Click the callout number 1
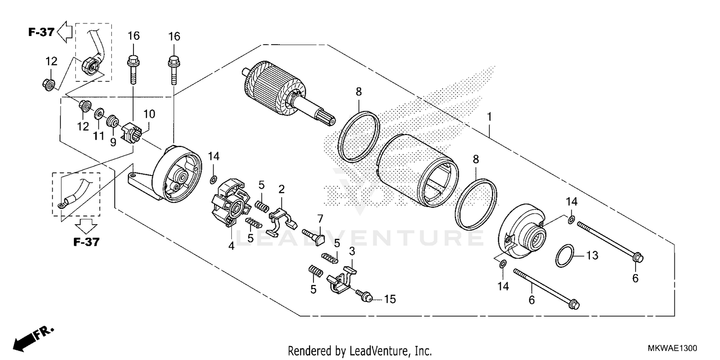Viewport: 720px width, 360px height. click(x=489, y=117)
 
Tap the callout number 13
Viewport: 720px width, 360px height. click(x=593, y=255)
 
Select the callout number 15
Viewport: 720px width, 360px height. click(x=389, y=300)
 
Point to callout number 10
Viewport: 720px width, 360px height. click(x=149, y=114)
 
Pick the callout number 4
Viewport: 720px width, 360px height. click(x=231, y=246)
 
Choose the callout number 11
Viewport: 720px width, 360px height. click(x=98, y=136)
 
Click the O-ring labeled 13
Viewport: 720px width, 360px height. click(x=565, y=256)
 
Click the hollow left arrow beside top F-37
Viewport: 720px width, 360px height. click(x=64, y=33)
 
